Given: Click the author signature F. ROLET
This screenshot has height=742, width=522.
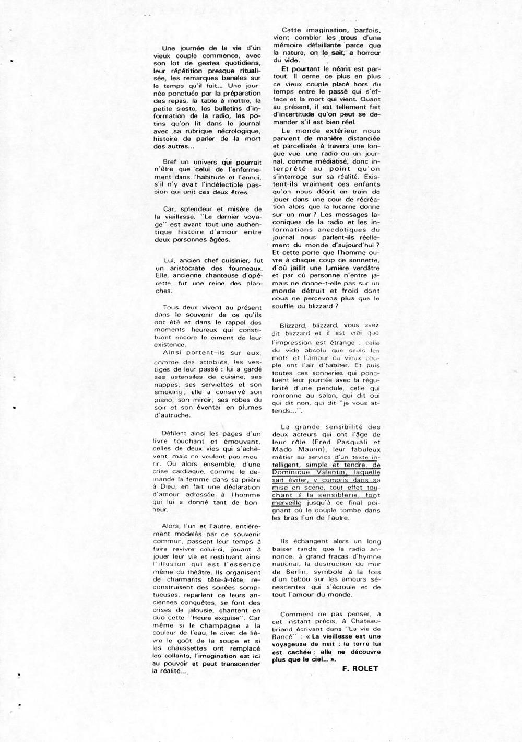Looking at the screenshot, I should point(361,668).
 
